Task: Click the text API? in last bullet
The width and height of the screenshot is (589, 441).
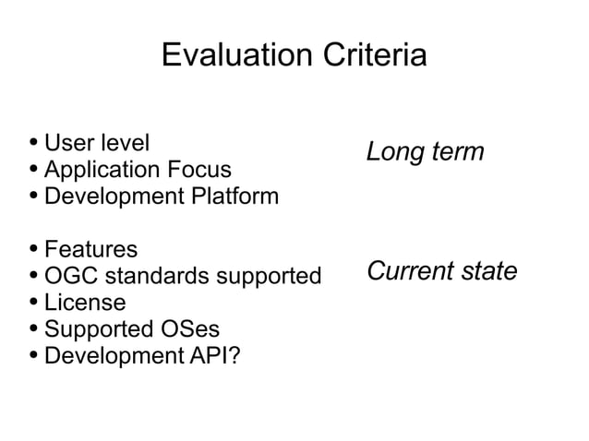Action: click(212, 355)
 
